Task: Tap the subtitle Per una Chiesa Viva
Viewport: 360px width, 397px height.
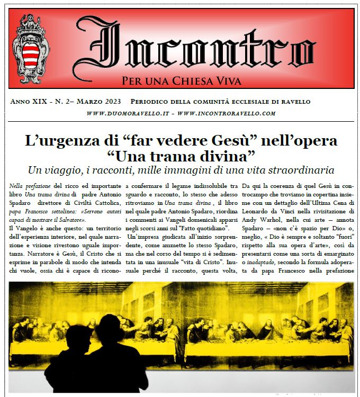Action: pos(181,82)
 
